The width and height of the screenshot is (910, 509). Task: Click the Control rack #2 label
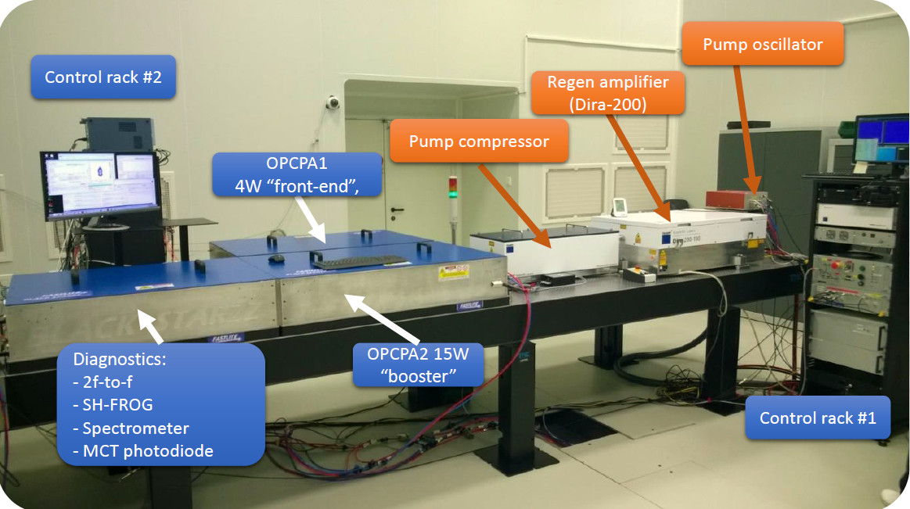[103, 77]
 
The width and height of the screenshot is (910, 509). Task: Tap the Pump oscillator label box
[762, 45]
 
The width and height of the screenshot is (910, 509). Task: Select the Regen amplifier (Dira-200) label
[607, 93]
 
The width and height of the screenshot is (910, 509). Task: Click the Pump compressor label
[478, 142]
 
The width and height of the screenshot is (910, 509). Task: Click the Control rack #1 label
[818, 418]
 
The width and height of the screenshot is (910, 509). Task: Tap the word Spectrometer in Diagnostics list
[135, 428]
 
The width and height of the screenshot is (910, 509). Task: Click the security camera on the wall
[333, 102]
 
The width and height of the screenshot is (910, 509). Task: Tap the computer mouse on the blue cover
[275, 258]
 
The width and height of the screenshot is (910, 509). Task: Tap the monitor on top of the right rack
[881, 141]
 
